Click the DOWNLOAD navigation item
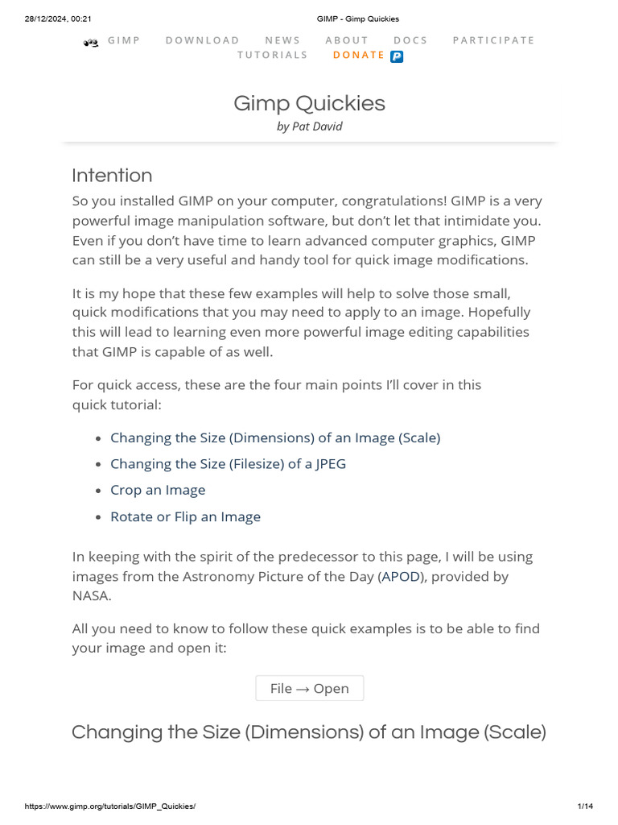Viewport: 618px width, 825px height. coord(202,40)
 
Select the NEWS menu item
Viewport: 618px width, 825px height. coord(282,40)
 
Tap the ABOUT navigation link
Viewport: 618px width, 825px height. coord(347,40)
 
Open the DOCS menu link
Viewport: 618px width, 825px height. coord(410,40)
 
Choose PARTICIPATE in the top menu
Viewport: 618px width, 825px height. coord(493,40)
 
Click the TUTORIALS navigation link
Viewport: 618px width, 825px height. coord(272,55)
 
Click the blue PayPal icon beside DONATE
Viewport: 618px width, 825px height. coord(397,56)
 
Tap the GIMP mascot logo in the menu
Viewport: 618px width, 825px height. coord(91,42)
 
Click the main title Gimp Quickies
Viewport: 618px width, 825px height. coord(309,103)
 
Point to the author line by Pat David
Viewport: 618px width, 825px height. coord(309,126)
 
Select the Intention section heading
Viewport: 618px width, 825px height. coord(112,176)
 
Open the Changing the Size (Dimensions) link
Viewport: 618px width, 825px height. coord(275,437)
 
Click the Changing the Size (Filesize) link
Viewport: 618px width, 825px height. coord(228,464)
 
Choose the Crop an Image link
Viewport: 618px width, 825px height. coord(158,490)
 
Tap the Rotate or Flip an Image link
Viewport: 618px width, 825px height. coord(185,516)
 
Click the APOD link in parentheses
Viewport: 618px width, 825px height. coord(400,577)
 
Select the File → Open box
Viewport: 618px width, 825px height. coord(309,688)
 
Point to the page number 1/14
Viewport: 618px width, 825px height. coord(585,806)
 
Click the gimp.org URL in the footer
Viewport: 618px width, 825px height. coord(110,806)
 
